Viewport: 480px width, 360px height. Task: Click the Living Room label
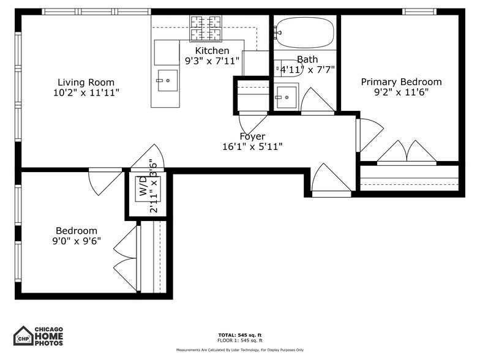tap(86, 82)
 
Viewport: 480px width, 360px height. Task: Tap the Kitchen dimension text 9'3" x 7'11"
tap(212, 61)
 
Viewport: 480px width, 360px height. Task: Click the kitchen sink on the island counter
tap(167, 80)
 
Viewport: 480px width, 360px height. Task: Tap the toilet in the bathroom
tap(287, 67)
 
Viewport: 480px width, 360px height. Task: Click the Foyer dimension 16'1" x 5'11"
tap(252, 146)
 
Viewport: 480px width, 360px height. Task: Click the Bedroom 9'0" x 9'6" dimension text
tap(77, 241)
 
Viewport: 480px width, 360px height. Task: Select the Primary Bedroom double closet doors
tap(407, 153)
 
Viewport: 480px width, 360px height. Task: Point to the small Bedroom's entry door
tap(104, 181)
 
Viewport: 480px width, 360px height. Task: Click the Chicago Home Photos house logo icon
tap(23, 336)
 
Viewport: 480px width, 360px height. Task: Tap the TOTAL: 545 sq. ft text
tap(240, 335)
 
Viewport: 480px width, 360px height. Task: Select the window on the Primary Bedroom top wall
tap(419, 11)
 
